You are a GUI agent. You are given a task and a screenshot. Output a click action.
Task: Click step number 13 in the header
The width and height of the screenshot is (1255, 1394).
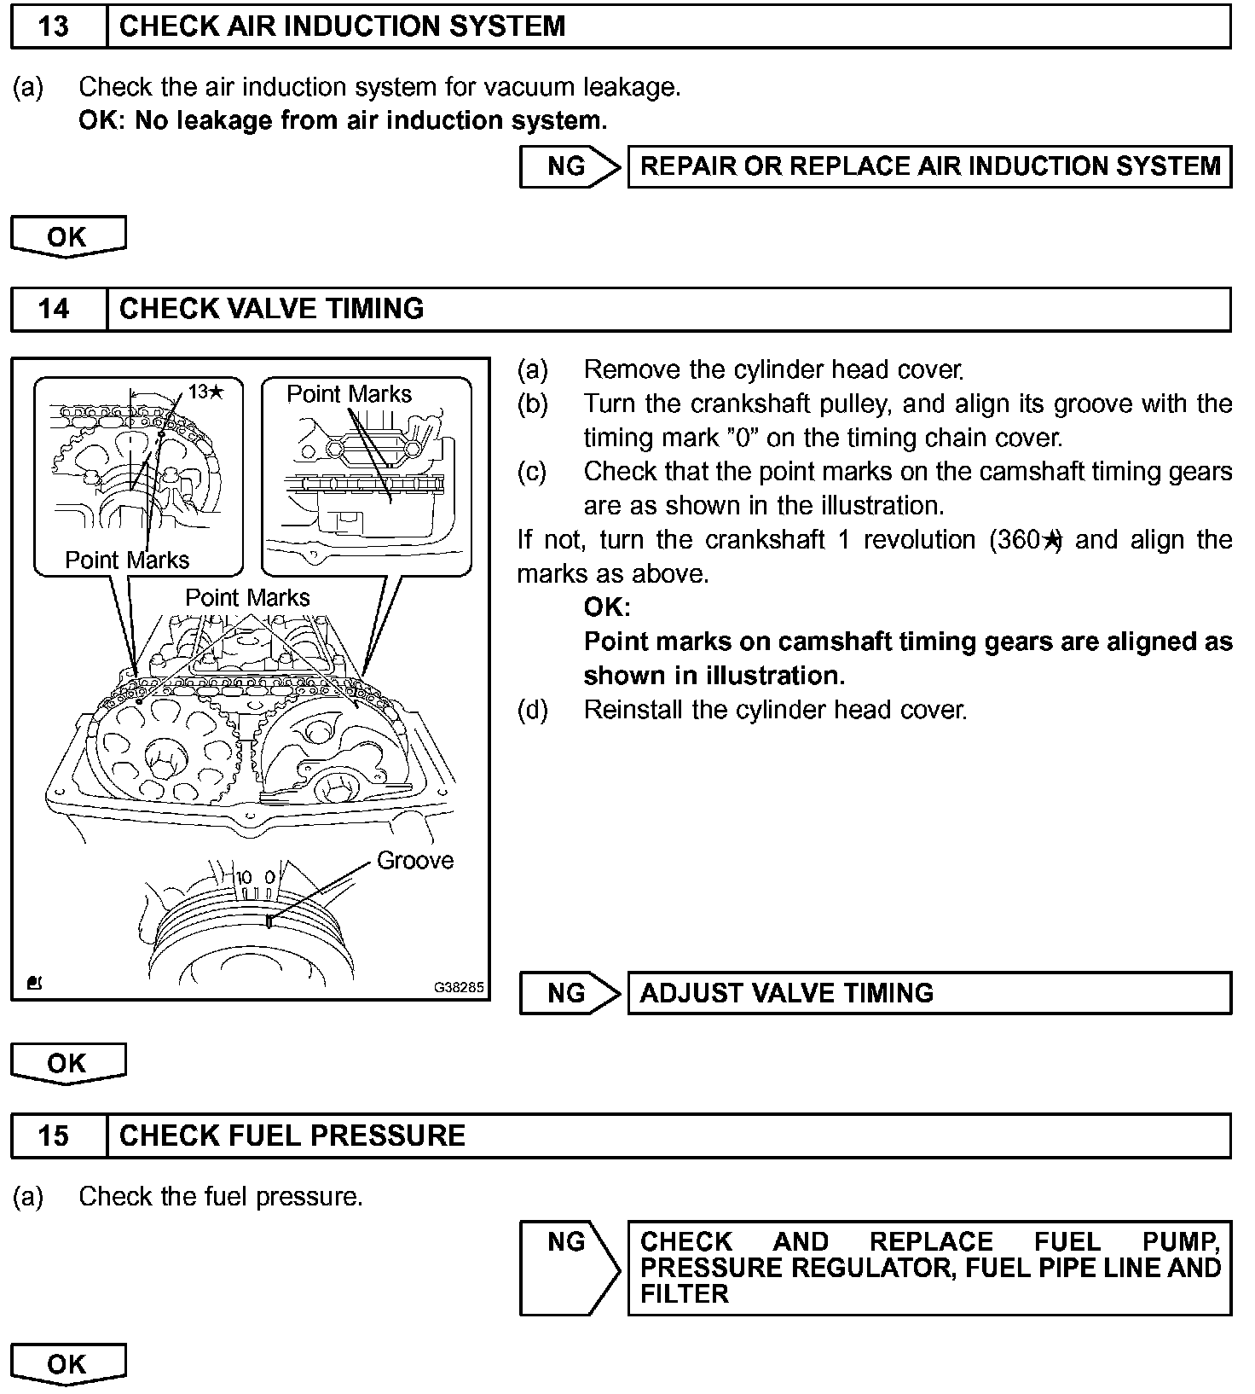(x=53, y=26)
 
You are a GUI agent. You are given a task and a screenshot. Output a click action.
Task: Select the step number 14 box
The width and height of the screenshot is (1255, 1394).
(x=53, y=309)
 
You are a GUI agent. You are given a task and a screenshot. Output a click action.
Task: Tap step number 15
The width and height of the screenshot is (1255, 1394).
(x=53, y=1136)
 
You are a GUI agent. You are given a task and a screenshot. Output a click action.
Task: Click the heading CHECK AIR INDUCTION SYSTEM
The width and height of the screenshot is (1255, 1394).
(x=342, y=26)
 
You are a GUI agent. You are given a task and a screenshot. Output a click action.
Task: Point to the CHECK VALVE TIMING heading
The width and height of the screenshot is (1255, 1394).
(x=271, y=309)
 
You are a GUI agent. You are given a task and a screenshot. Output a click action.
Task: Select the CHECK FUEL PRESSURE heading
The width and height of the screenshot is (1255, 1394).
(x=292, y=1136)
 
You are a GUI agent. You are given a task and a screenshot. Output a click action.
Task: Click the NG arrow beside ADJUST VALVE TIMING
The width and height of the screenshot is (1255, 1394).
(x=569, y=993)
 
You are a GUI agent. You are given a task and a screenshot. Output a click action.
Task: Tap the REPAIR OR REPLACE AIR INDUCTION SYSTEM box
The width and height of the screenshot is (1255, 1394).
(x=929, y=166)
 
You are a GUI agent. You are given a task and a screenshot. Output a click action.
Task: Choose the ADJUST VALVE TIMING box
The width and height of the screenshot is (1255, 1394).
(x=929, y=993)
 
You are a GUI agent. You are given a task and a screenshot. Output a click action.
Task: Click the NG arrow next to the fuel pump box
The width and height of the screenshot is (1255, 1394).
(x=569, y=1267)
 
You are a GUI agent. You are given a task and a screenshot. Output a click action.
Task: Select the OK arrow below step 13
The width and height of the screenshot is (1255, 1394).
(x=67, y=236)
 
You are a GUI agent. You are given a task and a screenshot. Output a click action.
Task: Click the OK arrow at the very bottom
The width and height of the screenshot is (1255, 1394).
(x=67, y=1363)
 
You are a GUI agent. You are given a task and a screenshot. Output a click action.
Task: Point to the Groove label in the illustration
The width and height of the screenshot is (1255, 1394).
(x=415, y=860)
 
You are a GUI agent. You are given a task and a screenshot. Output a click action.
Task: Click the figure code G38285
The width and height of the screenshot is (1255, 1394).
(x=459, y=987)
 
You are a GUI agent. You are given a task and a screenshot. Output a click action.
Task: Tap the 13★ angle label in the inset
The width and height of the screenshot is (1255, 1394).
(x=206, y=392)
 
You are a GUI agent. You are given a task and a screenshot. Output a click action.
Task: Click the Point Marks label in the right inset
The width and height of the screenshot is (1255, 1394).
(x=349, y=394)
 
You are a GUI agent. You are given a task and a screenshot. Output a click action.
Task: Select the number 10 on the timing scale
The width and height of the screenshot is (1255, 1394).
(x=244, y=877)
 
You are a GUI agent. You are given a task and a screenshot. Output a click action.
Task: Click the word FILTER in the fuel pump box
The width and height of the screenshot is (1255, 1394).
(x=684, y=1294)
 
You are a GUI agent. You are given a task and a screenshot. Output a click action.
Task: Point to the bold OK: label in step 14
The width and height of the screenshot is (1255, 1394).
(x=607, y=607)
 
